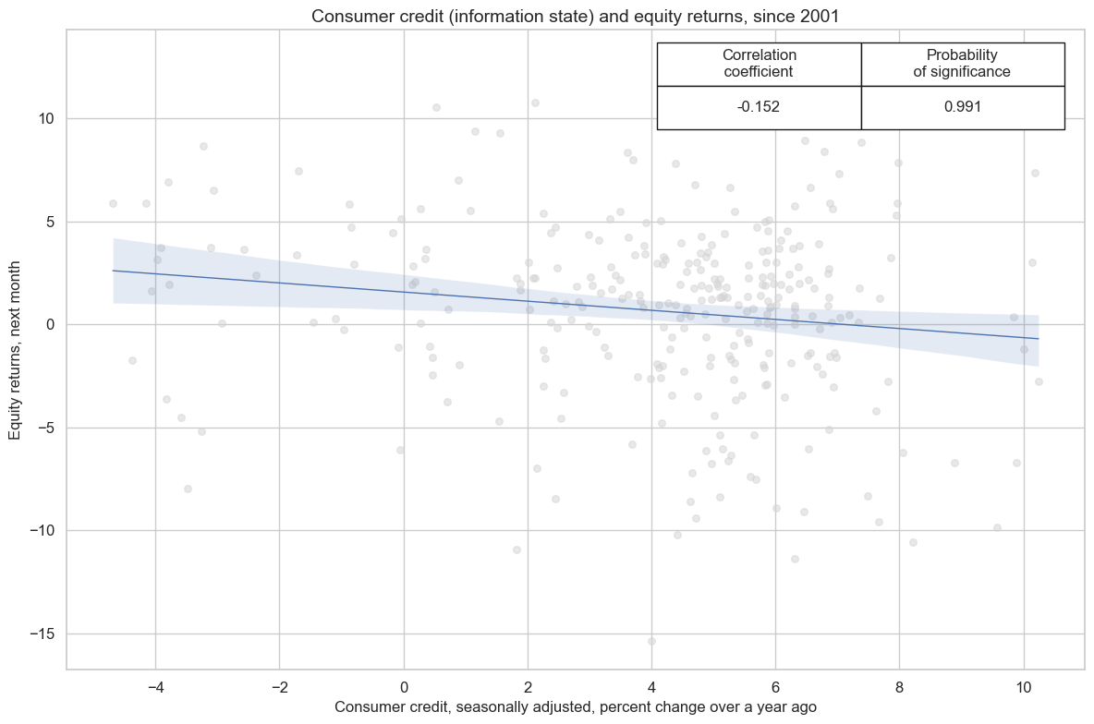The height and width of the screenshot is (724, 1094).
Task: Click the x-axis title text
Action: click(575, 706)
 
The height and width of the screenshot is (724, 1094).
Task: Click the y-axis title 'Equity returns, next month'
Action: click(16, 348)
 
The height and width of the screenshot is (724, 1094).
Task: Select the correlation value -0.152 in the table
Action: click(759, 106)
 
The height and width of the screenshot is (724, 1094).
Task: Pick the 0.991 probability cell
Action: click(963, 106)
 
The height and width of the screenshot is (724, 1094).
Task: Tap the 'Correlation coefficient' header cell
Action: click(759, 63)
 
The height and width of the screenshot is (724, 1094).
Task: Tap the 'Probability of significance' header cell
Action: click(963, 63)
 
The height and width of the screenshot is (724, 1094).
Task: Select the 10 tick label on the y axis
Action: click(47, 119)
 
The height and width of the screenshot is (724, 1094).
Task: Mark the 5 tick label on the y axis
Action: click(51, 222)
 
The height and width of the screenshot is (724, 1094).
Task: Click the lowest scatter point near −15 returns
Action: click(651, 641)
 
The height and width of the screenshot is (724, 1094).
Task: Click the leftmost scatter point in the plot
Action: click(113, 203)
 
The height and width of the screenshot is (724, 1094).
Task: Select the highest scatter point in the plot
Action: click(535, 103)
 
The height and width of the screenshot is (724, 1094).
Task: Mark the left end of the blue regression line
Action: click(113, 271)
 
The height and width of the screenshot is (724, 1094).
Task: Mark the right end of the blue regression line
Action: click(1039, 339)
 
